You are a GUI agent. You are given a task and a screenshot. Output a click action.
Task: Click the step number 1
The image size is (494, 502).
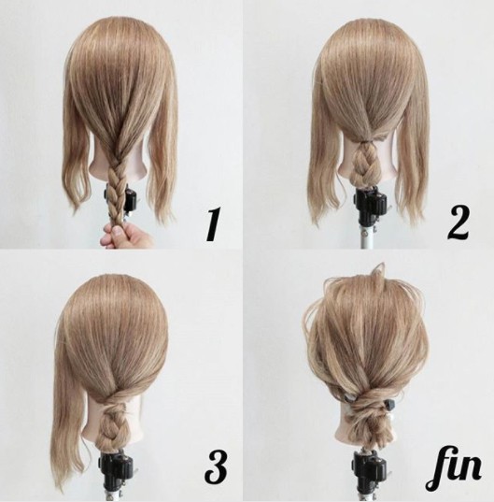point(214,223)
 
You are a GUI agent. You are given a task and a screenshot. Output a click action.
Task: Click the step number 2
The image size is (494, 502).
point(459,222)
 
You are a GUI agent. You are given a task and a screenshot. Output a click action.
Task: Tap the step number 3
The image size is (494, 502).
point(216,466)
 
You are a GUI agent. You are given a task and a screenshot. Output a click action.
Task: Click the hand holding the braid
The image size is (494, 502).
point(125,236)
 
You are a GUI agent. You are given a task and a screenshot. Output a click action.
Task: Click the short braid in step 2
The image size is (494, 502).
point(368,162)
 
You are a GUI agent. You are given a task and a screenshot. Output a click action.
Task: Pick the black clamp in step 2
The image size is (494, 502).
point(371,202)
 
